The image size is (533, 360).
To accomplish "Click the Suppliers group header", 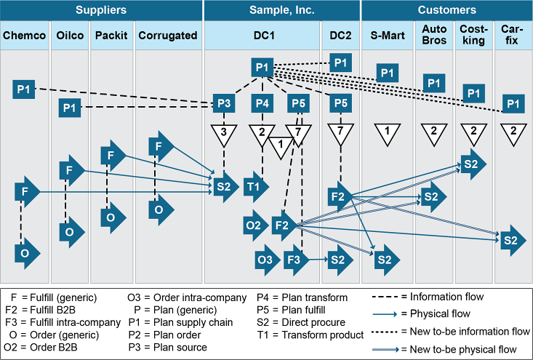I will pyautogui.click(x=100, y=10).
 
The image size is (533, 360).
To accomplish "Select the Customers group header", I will pyautogui.click(x=446, y=10).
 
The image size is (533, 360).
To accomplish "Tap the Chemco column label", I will pyautogui.click(x=25, y=35).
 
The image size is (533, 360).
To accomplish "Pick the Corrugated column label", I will pyautogui.click(x=167, y=35).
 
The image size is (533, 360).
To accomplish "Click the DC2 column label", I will pyautogui.click(x=340, y=35).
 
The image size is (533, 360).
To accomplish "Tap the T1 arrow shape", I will pyautogui.click(x=255, y=186).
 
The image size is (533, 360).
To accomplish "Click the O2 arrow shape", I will pyautogui.click(x=255, y=225).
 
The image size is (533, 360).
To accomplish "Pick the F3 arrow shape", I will pyautogui.click(x=295, y=258).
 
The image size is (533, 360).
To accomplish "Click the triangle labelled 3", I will pyautogui.click(x=224, y=134).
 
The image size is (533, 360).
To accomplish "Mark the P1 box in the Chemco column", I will pyautogui.click(x=24, y=89).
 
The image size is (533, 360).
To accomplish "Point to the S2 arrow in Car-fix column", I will pyautogui.click(x=510, y=240).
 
